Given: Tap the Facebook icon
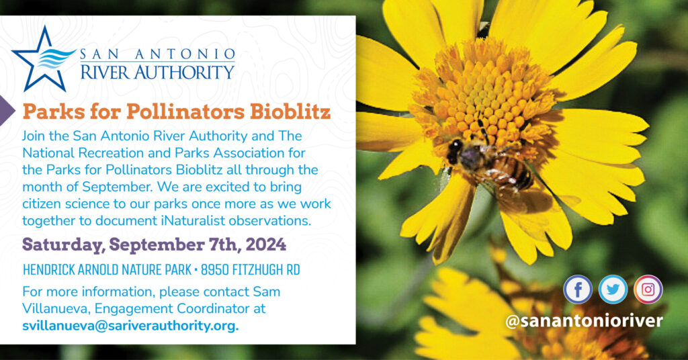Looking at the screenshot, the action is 578,289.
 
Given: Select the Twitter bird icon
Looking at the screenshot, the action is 613,289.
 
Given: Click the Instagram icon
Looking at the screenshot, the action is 648,289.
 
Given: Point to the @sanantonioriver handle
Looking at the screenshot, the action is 584,320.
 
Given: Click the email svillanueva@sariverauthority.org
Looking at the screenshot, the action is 131,326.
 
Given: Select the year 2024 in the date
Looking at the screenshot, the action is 266,244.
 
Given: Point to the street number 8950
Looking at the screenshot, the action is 214,270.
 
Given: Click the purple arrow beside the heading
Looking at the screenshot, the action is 6,111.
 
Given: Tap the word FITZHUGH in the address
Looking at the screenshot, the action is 257,270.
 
